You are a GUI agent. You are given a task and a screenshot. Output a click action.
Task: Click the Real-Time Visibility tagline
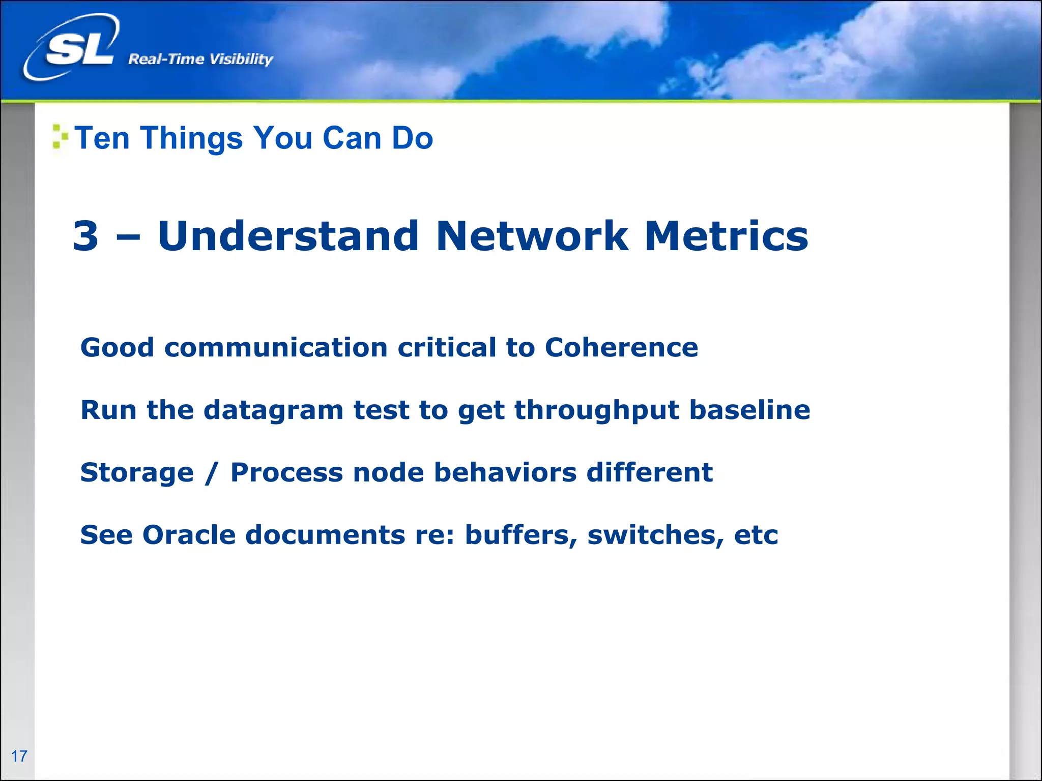point(200,59)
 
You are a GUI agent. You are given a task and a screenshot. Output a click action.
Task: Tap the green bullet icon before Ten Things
point(60,137)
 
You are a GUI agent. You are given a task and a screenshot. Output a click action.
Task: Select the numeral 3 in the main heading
point(85,236)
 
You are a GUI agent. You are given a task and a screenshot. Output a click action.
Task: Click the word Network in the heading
point(532,236)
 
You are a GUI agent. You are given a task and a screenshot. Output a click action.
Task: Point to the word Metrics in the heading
point(726,236)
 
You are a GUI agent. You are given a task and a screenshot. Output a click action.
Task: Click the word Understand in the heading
point(288,236)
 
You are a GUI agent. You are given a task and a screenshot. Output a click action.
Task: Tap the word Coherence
point(621,348)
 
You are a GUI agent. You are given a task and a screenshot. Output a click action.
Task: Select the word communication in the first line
point(276,348)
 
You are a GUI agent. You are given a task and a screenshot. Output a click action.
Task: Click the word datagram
point(273,411)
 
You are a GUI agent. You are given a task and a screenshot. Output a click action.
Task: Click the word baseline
point(749,410)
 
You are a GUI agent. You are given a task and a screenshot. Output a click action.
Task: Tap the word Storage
point(137,473)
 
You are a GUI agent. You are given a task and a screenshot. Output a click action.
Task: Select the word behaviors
point(505,472)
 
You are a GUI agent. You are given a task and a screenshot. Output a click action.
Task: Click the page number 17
point(19,756)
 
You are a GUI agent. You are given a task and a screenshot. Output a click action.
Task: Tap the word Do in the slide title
point(412,138)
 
